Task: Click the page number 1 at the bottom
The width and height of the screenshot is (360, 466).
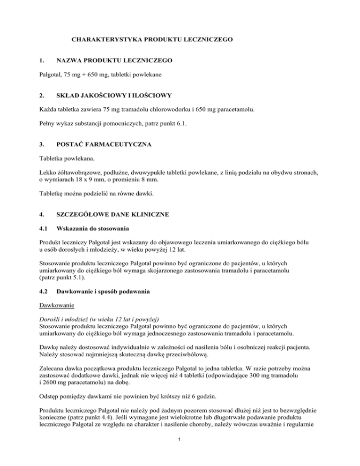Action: (180, 451)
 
